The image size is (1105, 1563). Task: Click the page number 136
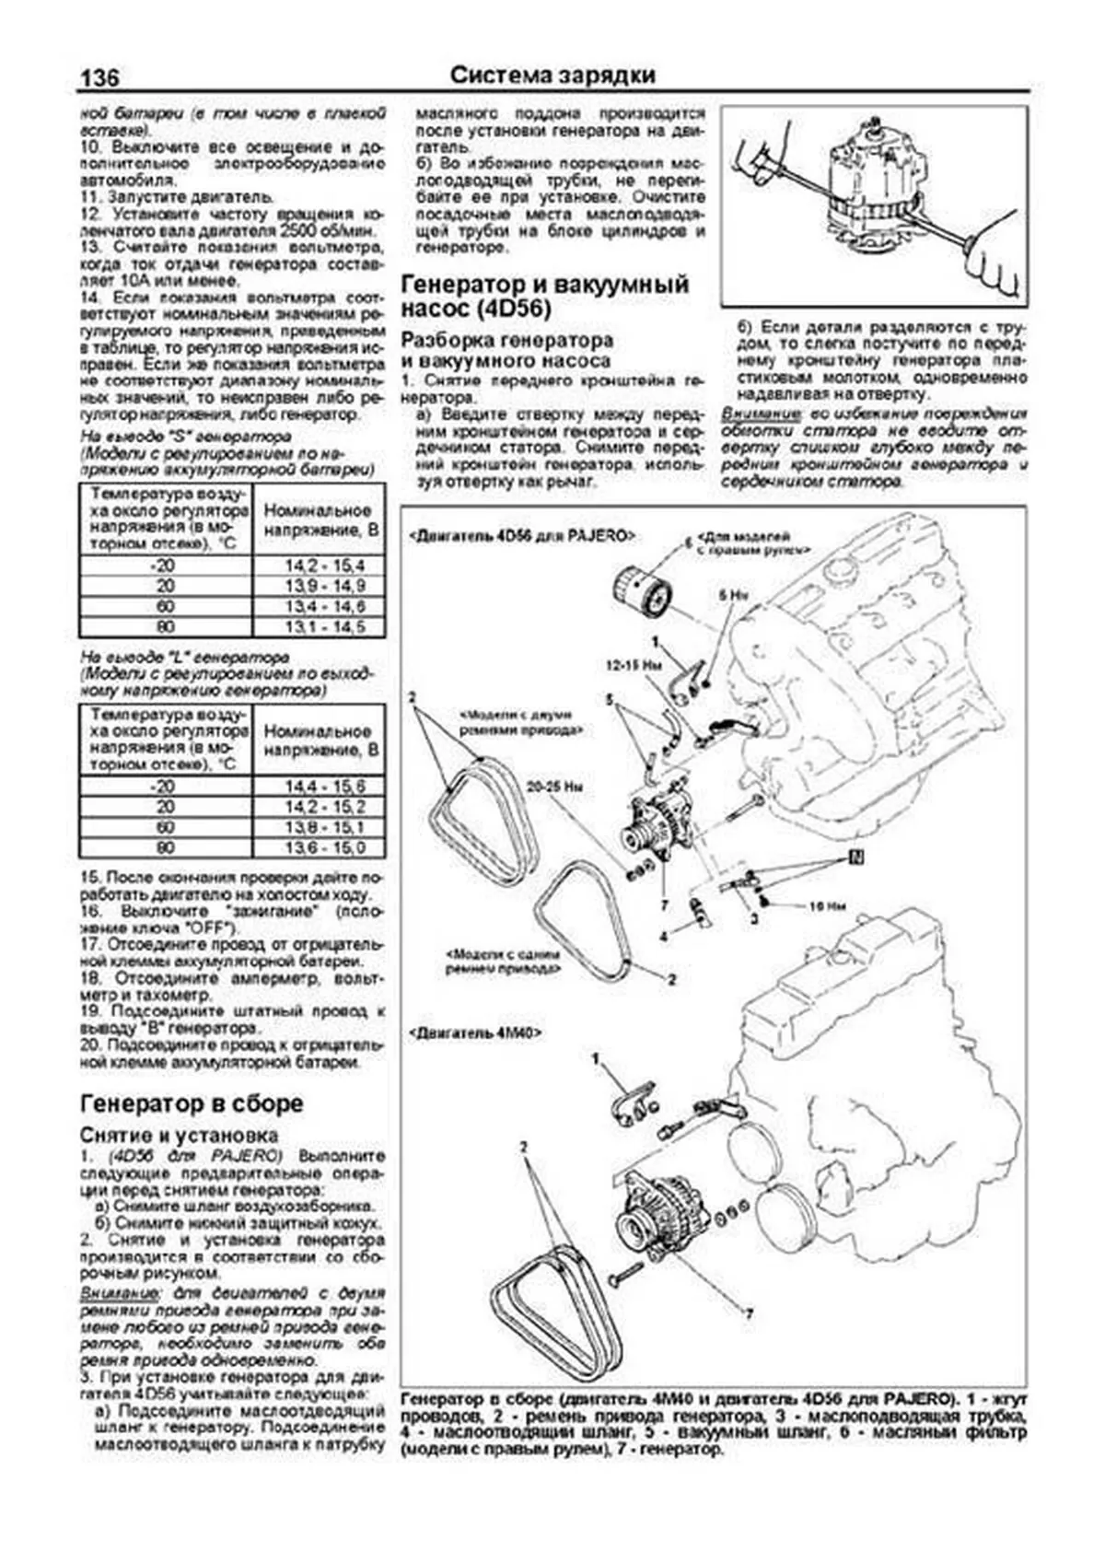(100, 77)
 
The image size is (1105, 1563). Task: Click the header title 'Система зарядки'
(552, 76)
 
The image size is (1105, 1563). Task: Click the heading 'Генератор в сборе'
(192, 1103)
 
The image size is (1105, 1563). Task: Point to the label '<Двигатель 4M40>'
(473, 1033)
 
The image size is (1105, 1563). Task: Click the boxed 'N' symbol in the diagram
(856, 858)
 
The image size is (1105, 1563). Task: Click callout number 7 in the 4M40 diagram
(749, 1313)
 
